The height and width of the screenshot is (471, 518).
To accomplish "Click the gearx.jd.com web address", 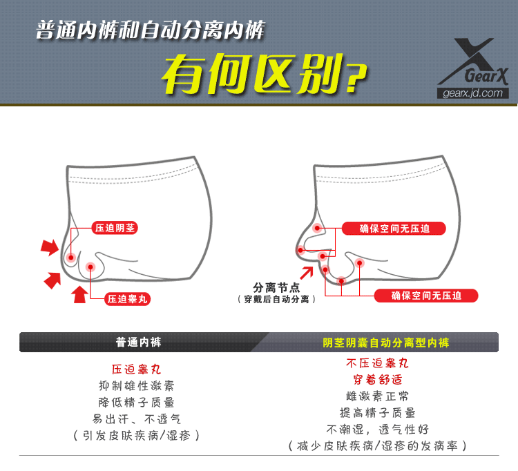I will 474,94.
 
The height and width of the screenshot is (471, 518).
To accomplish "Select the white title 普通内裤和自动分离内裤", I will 150,31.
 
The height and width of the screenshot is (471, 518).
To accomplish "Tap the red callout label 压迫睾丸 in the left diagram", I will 128,299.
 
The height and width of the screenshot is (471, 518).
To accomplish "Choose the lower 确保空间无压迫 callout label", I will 426,296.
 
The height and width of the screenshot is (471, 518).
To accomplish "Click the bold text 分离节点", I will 276,287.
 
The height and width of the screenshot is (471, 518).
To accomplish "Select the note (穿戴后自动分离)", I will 276,299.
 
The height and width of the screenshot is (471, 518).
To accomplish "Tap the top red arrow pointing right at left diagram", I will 49,246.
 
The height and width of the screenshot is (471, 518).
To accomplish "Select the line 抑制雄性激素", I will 137,385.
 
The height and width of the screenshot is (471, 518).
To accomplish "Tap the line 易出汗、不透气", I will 137,419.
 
